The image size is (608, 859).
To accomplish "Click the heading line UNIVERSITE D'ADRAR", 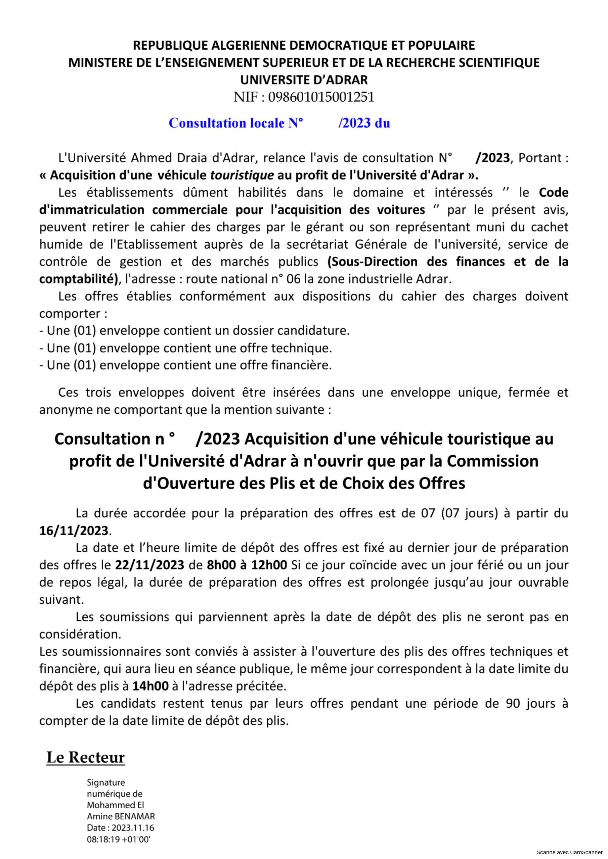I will [304, 80].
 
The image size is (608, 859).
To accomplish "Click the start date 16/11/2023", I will [74, 530].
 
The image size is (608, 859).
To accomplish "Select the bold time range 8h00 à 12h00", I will [247, 565].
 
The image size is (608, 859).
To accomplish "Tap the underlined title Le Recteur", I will [85, 757].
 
